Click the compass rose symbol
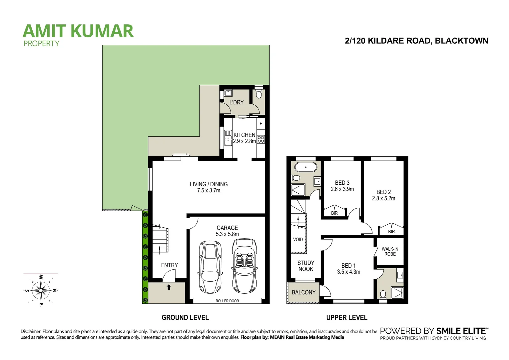point(40,290)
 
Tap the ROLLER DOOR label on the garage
point(227,301)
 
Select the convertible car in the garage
point(245,265)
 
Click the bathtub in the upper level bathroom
point(305,167)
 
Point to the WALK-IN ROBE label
point(390,252)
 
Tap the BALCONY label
point(303,292)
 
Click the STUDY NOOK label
point(306,266)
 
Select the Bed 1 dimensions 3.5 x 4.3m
point(348,272)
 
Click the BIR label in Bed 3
point(334,213)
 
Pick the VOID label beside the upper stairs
point(298,239)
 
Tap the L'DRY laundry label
point(236,102)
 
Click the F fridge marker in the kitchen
point(261,124)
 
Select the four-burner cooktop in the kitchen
point(261,139)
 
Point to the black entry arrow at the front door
point(169,287)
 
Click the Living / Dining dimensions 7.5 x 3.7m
point(209,191)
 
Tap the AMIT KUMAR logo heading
point(78,31)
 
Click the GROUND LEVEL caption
point(185,318)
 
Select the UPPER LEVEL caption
point(347,318)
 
